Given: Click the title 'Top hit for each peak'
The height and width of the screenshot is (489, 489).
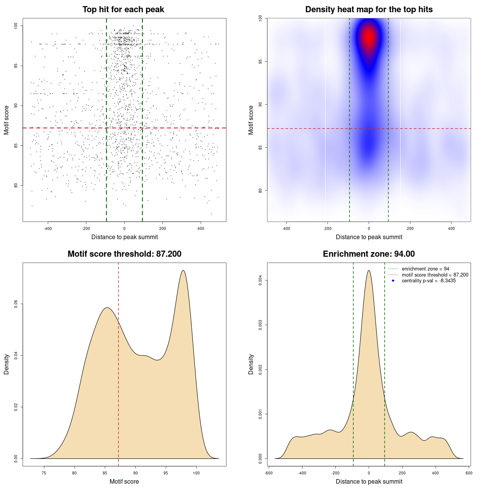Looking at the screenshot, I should click(123, 10).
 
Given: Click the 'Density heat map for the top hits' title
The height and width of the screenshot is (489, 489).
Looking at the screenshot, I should click(369, 10).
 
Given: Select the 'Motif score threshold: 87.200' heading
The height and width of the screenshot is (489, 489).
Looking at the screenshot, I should click(124, 254).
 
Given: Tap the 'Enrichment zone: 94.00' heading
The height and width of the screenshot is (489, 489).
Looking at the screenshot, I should click(369, 254).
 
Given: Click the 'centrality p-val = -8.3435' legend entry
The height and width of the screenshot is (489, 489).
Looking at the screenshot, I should click(429, 281).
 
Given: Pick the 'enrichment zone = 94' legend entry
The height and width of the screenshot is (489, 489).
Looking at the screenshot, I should click(425, 269).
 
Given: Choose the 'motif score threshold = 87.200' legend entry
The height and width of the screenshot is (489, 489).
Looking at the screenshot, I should click(435, 275).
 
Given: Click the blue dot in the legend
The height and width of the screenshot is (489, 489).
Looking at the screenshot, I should click(393, 281).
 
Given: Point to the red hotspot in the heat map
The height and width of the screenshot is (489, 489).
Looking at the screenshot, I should click(369, 37).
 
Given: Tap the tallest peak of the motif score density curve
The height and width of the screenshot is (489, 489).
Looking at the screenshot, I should click(183, 270).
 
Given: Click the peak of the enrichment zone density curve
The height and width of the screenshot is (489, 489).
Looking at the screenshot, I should click(369, 270).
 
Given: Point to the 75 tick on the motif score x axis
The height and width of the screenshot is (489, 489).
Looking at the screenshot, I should click(44, 473).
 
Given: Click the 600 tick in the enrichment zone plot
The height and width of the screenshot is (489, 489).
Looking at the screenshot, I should click(469, 473).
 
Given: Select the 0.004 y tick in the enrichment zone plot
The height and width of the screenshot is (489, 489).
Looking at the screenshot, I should click(261, 281).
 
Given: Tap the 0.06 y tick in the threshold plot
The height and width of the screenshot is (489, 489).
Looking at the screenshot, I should click(16, 304).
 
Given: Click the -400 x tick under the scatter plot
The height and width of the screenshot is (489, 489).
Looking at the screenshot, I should click(48, 228).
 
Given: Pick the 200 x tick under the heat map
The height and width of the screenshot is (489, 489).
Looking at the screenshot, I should click(410, 228).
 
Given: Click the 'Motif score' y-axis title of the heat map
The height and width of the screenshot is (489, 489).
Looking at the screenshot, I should click(251, 120).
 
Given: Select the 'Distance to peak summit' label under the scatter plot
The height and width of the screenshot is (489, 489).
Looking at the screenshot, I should click(125, 237).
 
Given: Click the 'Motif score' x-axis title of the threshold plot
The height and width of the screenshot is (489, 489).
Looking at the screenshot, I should click(124, 482).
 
